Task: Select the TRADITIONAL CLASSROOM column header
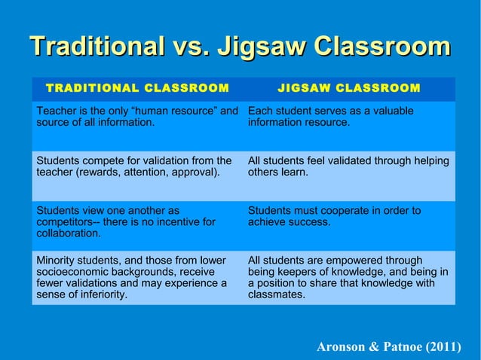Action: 137,87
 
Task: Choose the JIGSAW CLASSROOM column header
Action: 349,87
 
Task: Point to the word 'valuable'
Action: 391,111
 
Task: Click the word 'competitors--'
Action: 66,222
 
